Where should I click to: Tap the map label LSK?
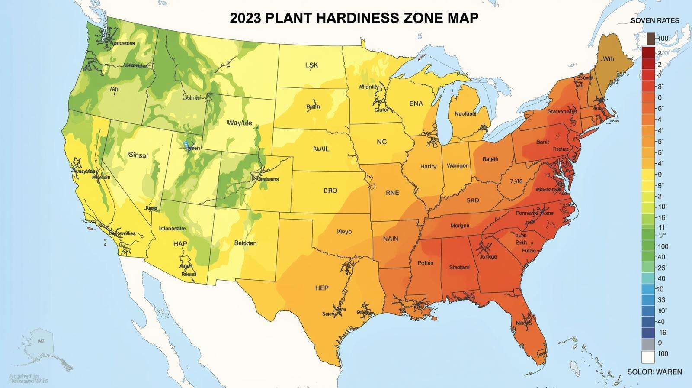tap(311, 65)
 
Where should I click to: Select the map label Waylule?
tap(240, 123)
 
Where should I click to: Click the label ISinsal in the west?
tap(138, 155)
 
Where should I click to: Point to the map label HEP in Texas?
tap(322, 288)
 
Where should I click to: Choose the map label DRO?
tap(330, 191)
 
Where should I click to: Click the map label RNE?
tap(392, 193)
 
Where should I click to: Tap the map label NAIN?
tap(391, 239)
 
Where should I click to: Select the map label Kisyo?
tap(344, 232)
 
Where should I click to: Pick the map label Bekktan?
tap(245, 243)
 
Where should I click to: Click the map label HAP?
tap(180, 244)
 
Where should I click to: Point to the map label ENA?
tap(416, 104)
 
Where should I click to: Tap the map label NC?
tap(381, 142)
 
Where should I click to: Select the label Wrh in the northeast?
tap(608, 59)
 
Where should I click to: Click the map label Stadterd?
tap(459, 267)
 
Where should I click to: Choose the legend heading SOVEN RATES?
tap(655, 21)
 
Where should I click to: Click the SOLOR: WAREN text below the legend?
tap(655, 372)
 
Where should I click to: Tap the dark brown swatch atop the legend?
tap(650, 39)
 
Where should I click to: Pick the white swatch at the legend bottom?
tap(648, 357)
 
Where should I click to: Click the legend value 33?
tap(661, 300)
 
